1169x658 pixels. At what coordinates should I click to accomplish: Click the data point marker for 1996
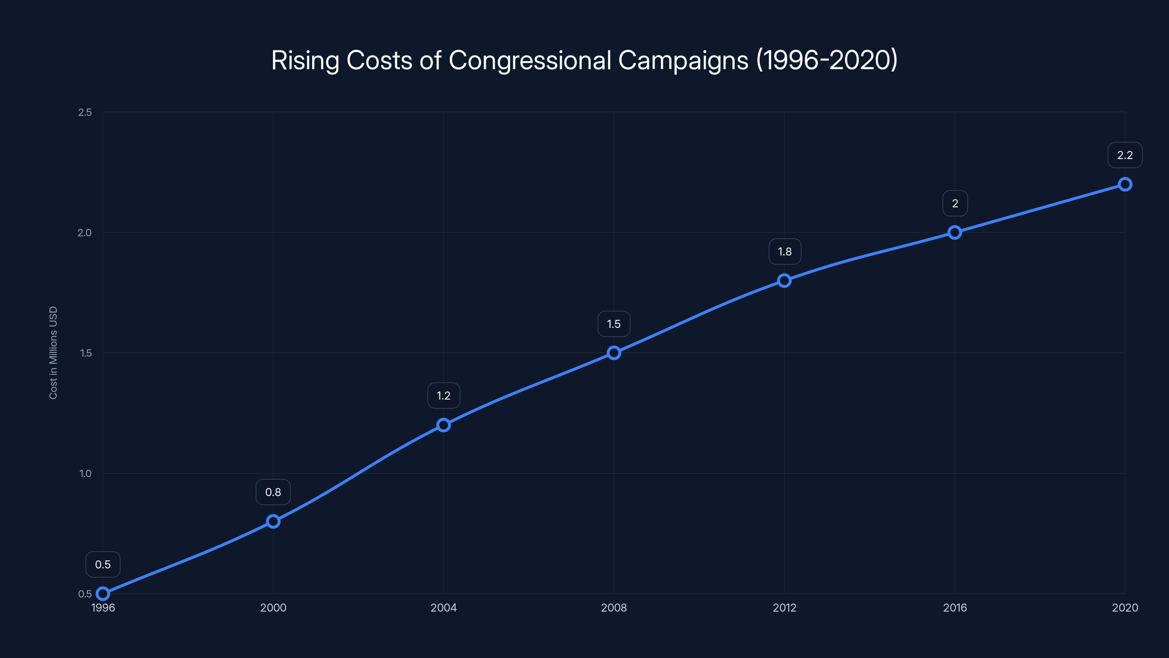(103, 594)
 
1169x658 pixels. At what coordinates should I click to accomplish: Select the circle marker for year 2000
(273, 521)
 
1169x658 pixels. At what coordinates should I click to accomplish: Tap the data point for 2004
(443, 425)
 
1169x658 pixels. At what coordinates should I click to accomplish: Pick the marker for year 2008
(614, 353)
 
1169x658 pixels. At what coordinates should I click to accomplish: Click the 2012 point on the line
(784, 281)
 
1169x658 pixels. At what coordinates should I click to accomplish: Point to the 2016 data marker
(955, 232)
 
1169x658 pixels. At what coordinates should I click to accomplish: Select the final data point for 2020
(1125, 184)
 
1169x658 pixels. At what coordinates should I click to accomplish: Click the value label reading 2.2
(1125, 155)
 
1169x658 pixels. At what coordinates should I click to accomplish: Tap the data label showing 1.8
(785, 252)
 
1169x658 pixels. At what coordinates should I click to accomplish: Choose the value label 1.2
(443, 396)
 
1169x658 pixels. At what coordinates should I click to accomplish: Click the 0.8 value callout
(273, 492)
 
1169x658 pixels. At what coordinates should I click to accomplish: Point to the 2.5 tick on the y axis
(85, 112)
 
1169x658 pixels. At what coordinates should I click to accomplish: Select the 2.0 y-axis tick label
(84, 232)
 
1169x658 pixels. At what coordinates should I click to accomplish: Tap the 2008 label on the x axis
(614, 608)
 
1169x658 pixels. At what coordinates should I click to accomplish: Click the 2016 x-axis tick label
(955, 608)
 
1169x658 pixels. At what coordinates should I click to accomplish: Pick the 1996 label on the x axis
(103, 608)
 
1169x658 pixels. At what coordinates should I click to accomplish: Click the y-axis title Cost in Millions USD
(53, 353)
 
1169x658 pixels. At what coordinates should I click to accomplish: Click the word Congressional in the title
(530, 60)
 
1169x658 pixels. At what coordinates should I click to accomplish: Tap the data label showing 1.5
(614, 324)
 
